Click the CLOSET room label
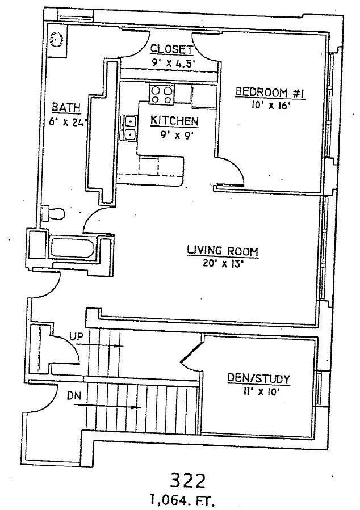(x=172, y=49)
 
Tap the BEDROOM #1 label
(x=270, y=92)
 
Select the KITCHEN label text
(x=174, y=121)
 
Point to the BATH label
(x=66, y=107)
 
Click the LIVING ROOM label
(x=223, y=251)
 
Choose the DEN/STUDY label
(x=258, y=378)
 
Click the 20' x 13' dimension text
(x=223, y=263)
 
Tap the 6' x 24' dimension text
(x=68, y=123)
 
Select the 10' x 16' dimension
(x=270, y=105)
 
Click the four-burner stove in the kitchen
(x=161, y=94)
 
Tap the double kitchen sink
(x=129, y=127)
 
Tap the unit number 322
(x=188, y=481)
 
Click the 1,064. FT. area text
(x=182, y=499)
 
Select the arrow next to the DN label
(x=107, y=406)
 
